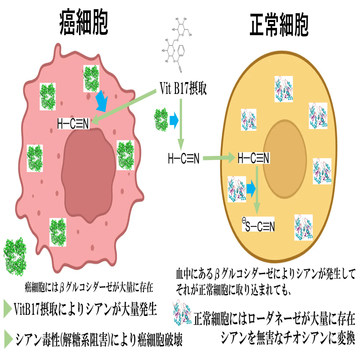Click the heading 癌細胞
[84, 23]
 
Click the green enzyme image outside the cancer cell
[16, 254]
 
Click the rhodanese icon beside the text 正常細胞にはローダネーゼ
[182, 314]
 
